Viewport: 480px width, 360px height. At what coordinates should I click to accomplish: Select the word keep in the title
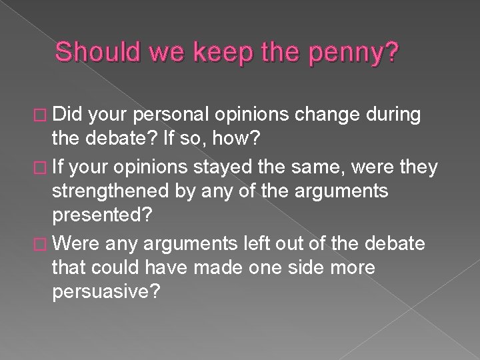221,52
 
